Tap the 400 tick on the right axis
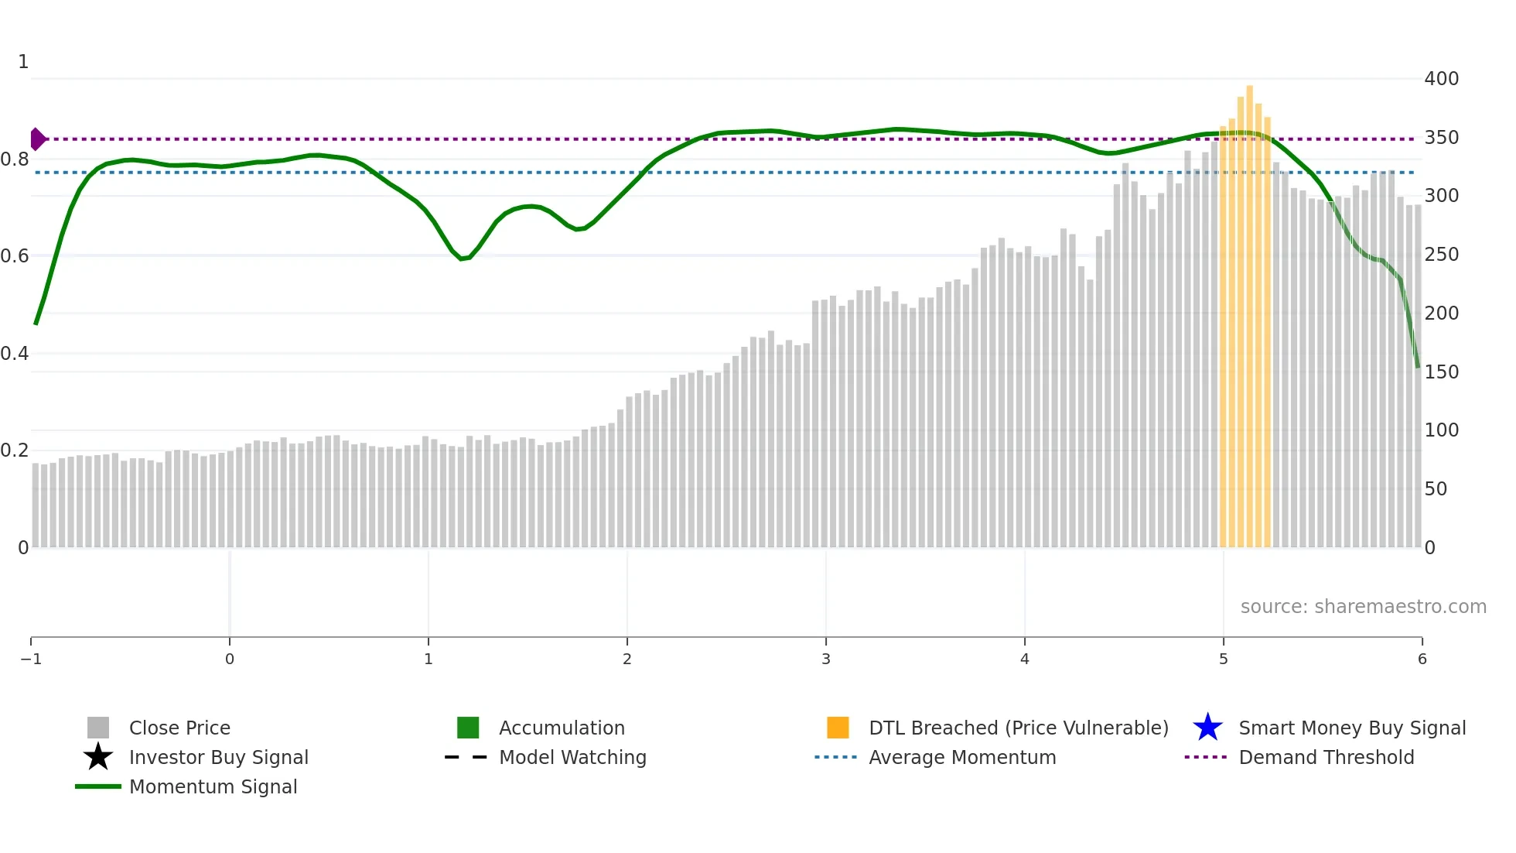[1441, 79]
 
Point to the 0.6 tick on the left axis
[15, 256]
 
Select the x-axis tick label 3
[825, 659]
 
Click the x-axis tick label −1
[31, 659]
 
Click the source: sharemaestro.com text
[1363, 607]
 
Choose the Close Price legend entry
[179, 728]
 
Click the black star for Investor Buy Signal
[98, 757]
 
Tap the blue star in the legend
[1207, 728]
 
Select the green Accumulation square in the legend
[468, 728]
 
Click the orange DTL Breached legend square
[838, 728]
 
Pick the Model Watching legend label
[572, 758]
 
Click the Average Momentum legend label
[962, 758]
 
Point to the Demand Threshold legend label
[1326, 758]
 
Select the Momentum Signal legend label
[213, 787]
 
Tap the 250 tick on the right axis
[1441, 255]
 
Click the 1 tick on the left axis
[23, 62]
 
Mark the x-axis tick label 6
[1422, 659]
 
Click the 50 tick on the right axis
[1436, 489]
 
